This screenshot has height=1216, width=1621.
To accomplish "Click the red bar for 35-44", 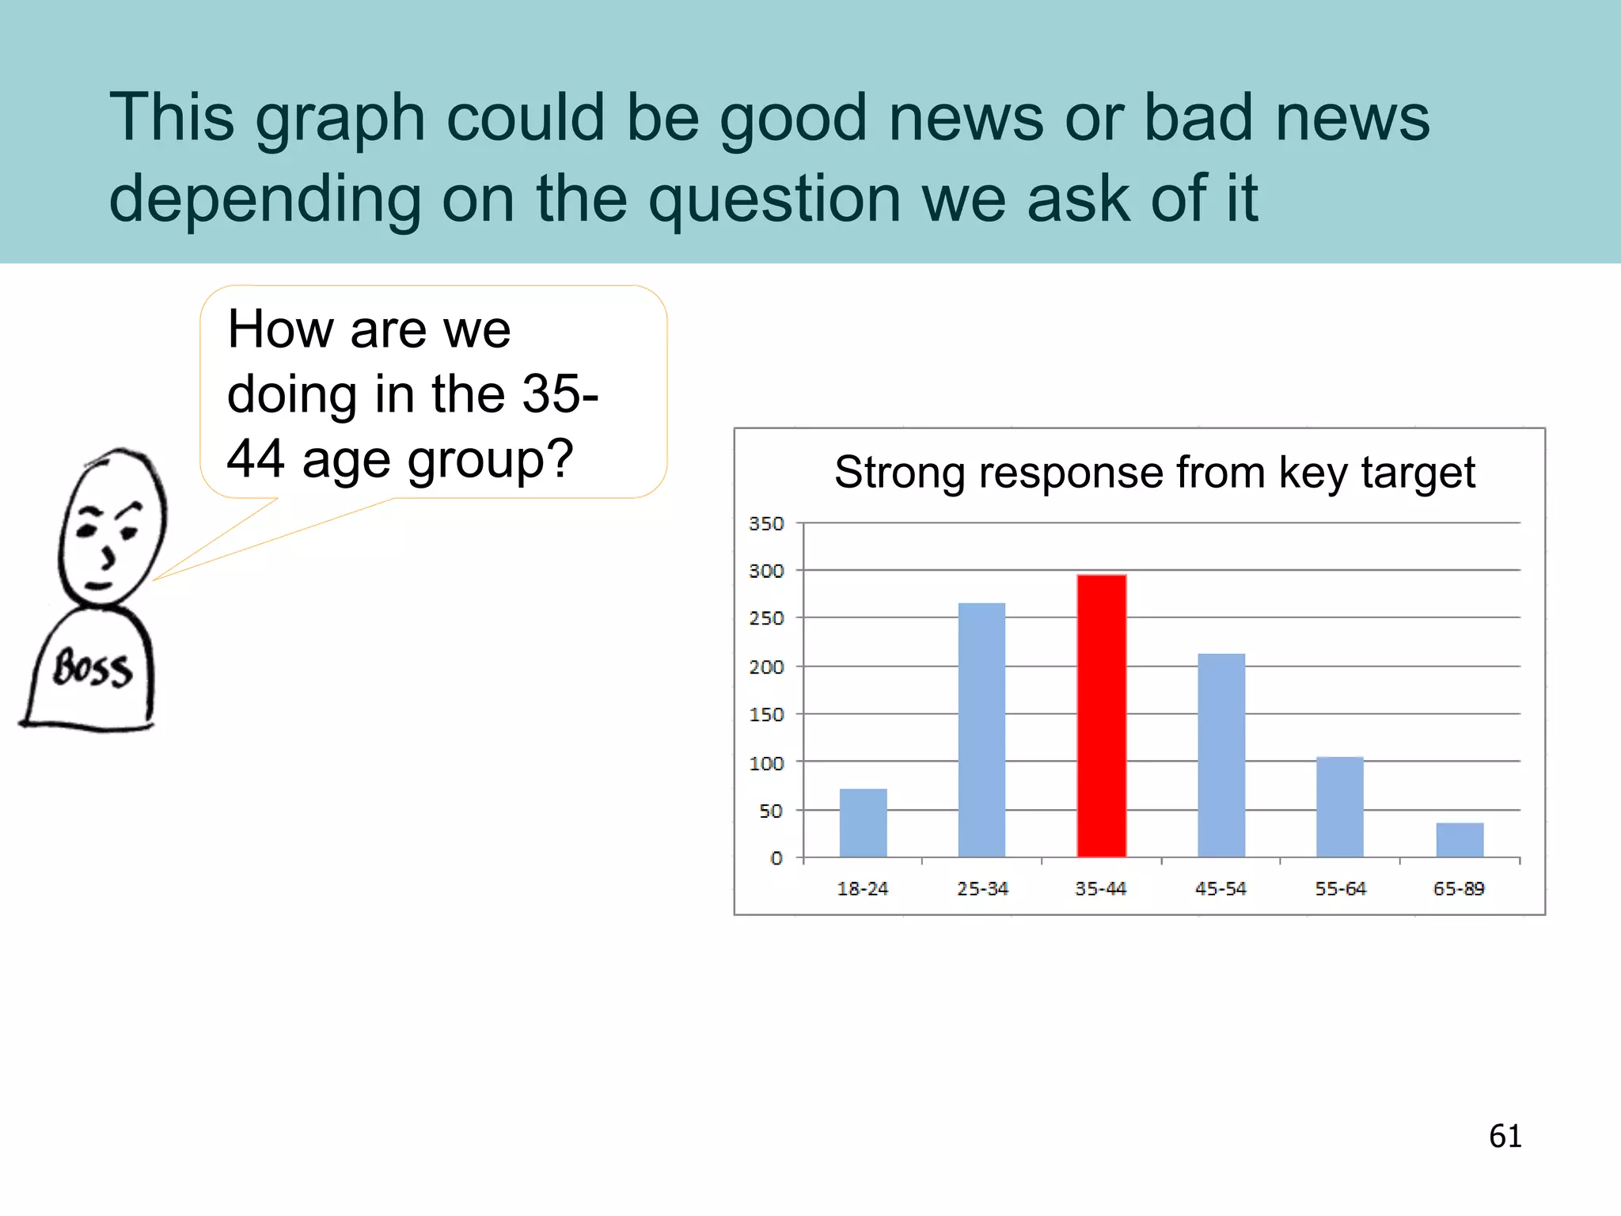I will [x=1101, y=716].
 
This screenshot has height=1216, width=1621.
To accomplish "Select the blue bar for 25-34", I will [x=981, y=730].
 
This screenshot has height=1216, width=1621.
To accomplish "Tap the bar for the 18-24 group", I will [x=863, y=823].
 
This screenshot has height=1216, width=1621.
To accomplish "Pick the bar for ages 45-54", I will [x=1221, y=755].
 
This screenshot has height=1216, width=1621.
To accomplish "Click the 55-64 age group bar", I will [x=1339, y=807].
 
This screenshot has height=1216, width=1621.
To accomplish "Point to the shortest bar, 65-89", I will [x=1460, y=840].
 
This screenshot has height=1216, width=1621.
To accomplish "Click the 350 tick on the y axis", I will [x=766, y=524].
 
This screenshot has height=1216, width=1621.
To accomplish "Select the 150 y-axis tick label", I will [x=766, y=715].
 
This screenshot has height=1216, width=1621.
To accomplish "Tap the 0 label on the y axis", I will [x=776, y=858].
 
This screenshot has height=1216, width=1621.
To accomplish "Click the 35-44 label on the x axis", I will [x=1100, y=889].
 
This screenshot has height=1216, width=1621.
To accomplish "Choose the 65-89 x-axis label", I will [x=1459, y=889].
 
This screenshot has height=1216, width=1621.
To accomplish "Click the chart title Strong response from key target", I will [x=1154, y=473].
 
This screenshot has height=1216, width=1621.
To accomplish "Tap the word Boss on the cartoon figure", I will [x=92, y=668].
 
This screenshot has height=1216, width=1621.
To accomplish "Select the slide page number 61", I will [x=1505, y=1136].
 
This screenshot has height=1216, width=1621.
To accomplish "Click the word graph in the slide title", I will [x=340, y=119].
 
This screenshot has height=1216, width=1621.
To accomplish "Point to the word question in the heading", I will [x=774, y=199].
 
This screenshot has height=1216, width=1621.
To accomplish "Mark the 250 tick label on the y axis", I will [x=766, y=618].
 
